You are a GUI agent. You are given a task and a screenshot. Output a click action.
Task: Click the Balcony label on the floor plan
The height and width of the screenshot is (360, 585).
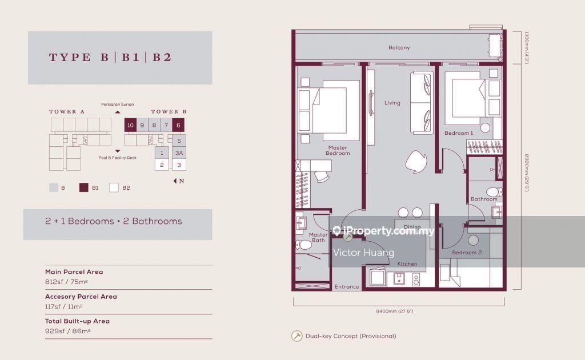(x=399, y=48)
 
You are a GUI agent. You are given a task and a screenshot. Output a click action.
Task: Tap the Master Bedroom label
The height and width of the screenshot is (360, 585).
(x=338, y=150)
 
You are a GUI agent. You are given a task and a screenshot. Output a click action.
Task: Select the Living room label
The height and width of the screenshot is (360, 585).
(x=392, y=103)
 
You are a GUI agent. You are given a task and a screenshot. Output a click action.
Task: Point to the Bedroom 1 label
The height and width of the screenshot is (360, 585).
(x=459, y=133)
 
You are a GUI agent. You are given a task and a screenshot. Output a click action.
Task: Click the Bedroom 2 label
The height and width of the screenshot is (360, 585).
(x=467, y=253)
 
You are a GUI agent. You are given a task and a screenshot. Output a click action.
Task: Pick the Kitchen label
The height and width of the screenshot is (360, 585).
(x=407, y=264)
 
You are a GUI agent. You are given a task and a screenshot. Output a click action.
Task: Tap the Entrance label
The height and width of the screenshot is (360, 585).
(x=347, y=286)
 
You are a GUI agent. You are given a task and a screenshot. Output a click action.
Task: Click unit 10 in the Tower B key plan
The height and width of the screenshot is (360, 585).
(x=130, y=125)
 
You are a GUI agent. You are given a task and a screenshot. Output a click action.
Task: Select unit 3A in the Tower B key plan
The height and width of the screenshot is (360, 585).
(x=179, y=153)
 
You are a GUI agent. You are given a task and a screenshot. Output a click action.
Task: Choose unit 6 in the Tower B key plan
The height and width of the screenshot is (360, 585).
(x=178, y=125)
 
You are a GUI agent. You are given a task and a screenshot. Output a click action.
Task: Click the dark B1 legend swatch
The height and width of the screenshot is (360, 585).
(x=83, y=187)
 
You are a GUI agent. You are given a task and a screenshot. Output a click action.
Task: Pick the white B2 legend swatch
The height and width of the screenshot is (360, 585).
(x=114, y=187)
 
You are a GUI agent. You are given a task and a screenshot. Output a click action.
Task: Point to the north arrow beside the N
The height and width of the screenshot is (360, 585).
(x=175, y=181)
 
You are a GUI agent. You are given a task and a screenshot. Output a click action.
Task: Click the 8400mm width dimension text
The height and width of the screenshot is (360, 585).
(x=394, y=311)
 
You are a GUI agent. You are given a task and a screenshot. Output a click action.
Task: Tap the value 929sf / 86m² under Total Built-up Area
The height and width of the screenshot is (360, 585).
(x=68, y=331)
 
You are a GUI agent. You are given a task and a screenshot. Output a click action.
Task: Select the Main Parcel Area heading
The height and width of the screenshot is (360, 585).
(x=74, y=272)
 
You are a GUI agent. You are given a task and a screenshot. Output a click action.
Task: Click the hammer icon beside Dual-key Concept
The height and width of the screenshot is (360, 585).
(x=297, y=336)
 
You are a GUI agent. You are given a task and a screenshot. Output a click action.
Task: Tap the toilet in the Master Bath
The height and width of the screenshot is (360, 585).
(x=304, y=245)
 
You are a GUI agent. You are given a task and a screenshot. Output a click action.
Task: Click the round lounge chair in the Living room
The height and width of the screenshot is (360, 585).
(x=416, y=162)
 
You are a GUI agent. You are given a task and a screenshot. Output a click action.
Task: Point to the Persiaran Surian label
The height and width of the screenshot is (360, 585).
(x=117, y=105)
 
